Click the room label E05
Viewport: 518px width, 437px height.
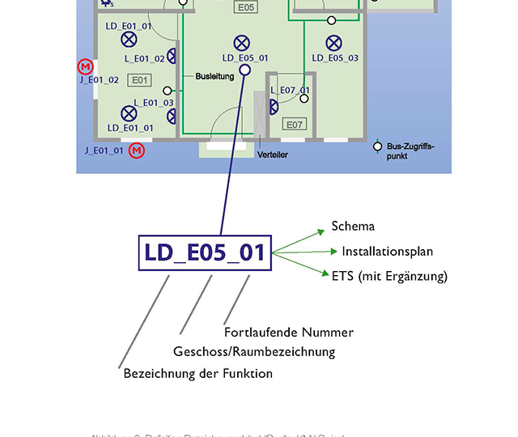(246, 7)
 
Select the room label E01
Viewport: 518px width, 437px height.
(140, 79)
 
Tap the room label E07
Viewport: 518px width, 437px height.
(294, 125)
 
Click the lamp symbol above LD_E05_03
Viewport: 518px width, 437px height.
(333, 42)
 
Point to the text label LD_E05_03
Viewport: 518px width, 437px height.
(335, 58)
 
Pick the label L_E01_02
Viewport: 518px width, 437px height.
(145, 58)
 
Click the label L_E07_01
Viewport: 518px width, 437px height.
(290, 90)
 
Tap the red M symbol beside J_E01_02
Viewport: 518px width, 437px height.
(85, 66)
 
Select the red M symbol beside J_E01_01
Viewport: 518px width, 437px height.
(137, 151)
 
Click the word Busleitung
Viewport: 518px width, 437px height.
(214, 76)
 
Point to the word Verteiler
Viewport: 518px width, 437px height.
(273, 155)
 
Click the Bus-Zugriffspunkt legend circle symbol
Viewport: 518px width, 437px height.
(377, 146)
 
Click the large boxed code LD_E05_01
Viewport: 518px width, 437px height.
(205, 252)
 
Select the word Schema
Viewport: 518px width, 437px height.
(353, 227)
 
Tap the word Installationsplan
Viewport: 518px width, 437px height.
(389, 252)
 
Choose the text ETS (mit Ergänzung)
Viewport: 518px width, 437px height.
(389, 276)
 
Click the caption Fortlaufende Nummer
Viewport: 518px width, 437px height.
(288, 332)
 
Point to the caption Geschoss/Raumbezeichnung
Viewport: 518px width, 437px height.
(254, 352)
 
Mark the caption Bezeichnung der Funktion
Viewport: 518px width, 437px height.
(197, 373)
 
